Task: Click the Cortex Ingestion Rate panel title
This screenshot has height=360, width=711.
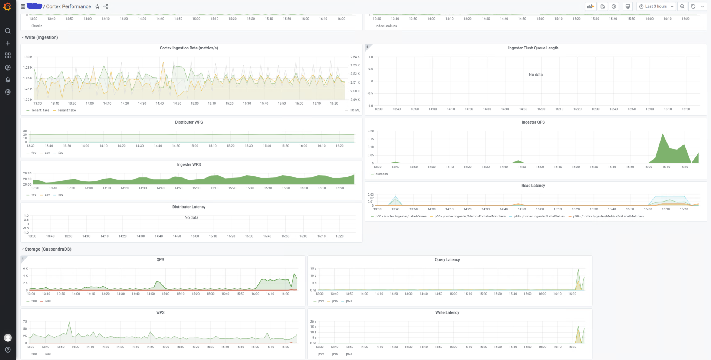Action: coord(189,48)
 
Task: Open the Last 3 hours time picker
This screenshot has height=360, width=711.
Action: coord(656,6)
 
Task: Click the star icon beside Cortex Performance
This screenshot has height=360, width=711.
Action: coord(97,6)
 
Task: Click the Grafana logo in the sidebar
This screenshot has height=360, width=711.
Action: coord(7,6)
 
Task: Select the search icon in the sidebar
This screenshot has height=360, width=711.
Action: coord(7,31)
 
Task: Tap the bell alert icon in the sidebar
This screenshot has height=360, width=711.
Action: coord(7,80)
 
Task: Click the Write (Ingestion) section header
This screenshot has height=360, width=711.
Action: coord(41,37)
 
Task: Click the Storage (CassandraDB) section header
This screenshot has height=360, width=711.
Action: coord(48,249)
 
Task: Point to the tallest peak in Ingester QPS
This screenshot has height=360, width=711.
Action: coord(662,134)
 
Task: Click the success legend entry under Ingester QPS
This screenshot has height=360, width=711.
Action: coord(381,174)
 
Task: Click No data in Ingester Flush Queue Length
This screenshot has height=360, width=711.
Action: coord(535,75)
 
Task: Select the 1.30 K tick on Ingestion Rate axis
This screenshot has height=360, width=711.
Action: coord(28,57)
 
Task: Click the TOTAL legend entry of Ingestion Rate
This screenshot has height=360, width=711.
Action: coord(355,110)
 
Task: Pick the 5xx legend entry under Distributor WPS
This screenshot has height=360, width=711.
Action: coord(60,153)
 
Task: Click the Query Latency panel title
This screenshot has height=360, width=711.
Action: coord(447,260)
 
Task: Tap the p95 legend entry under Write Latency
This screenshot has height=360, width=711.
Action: coord(335,354)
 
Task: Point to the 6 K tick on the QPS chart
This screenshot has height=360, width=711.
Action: coord(26,268)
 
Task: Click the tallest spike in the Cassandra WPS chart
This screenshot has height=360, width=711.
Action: coord(69,323)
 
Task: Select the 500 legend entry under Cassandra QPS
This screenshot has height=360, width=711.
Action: coord(47,301)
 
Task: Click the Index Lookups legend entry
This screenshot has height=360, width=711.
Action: coord(386,26)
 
